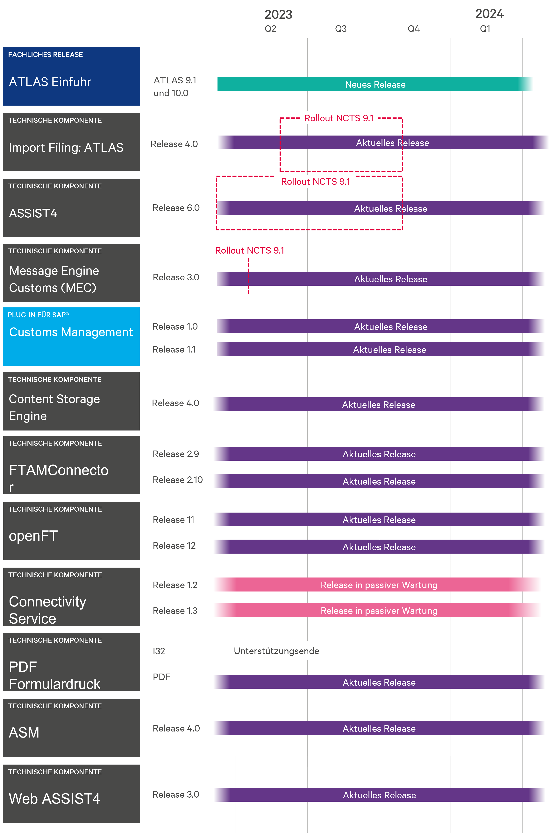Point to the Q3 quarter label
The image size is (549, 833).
(x=341, y=29)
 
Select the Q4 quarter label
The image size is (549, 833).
(x=413, y=29)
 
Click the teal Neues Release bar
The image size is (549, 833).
(x=375, y=84)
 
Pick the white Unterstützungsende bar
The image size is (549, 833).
(x=276, y=651)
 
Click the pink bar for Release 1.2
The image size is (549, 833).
(x=379, y=585)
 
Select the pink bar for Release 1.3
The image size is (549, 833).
(x=379, y=611)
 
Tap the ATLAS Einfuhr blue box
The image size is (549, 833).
(x=71, y=76)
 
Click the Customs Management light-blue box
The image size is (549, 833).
(x=71, y=336)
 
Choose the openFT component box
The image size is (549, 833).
(x=71, y=531)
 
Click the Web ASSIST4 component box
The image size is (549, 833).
(x=71, y=794)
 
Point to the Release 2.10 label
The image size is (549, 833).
(x=177, y=480)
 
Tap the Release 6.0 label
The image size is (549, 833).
(x=176, y=208)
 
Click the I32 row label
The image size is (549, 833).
(x=159, y=651)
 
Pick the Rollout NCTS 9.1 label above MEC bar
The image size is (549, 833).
(x=250, y=250)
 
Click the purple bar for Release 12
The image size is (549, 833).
(x=379, y=547)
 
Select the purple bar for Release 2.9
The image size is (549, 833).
(x=379, y=454)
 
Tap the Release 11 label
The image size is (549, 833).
(x=173, y=520)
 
